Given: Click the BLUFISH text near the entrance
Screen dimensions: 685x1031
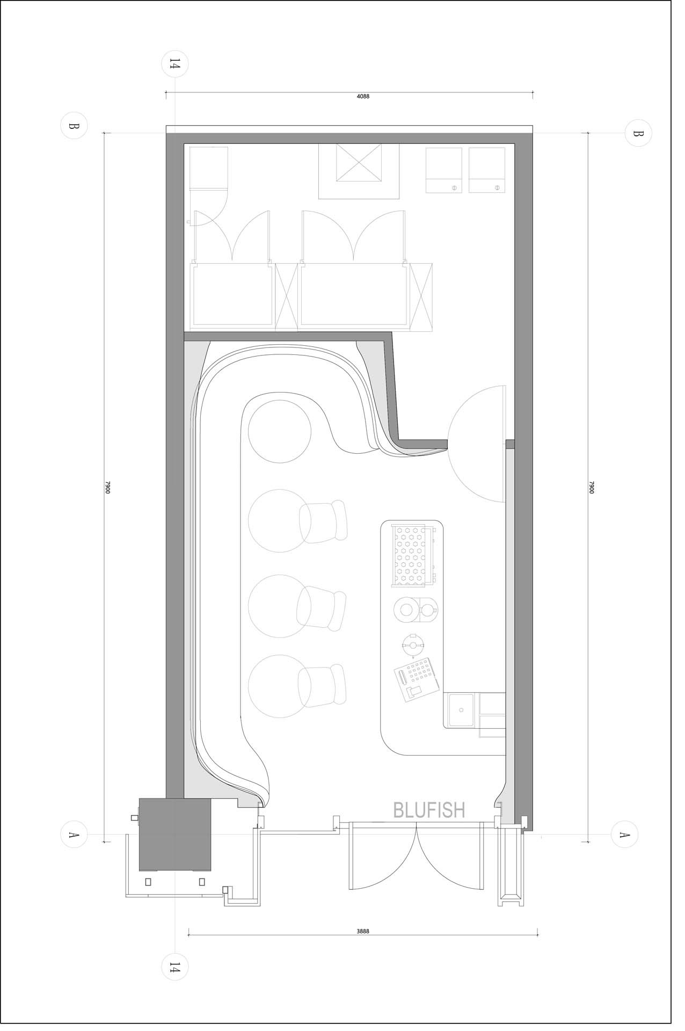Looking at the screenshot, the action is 429,809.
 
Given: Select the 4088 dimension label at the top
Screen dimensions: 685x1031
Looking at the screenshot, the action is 363,97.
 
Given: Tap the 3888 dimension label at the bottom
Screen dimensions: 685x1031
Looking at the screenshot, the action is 363,932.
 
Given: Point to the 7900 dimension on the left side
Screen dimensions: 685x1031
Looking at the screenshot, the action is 107,488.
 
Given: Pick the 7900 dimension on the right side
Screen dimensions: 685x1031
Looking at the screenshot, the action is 592,488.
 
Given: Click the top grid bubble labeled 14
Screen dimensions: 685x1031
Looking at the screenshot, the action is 175,65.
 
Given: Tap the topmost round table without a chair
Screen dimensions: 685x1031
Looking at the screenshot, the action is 280,431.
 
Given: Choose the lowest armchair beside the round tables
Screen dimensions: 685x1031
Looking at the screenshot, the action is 323,686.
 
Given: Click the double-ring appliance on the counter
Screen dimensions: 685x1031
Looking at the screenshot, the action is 416,609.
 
